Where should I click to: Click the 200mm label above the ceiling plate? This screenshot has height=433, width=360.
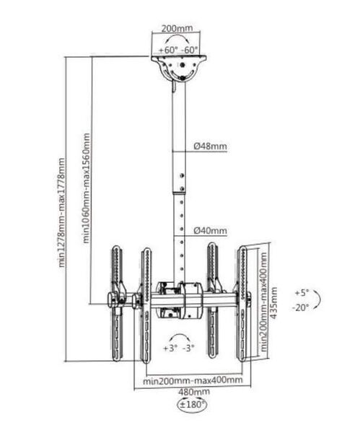coord(177,28)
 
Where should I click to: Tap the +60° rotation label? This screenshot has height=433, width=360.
coord(168,50)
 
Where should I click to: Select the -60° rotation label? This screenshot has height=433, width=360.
coord(190,50)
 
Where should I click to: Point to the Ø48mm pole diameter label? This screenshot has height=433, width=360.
coord(210,146)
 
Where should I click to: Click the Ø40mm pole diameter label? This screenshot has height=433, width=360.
coord(210,230)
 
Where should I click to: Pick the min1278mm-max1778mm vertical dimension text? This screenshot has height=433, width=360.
coord(62,212)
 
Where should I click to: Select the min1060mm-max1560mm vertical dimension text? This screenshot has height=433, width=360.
coord(87,188)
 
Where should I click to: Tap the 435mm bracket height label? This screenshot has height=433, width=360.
coord(273,302)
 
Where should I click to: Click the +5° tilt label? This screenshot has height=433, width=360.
coord(302,293)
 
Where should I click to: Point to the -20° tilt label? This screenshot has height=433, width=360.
coord(300,307)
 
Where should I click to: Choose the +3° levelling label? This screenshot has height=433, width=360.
coord(170,348)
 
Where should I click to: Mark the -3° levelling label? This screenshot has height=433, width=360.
coord(188,348)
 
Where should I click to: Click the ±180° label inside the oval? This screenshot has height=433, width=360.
coord(193,405)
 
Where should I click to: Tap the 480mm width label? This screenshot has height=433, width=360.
coord(194,392)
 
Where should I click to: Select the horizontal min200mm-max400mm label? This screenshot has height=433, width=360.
coord(193,380)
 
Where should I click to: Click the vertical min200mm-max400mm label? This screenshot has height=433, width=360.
coord(264,302)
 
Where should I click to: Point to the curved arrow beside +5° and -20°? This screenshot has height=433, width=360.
coord(320,299)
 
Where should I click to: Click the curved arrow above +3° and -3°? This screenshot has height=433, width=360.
coord(179,334)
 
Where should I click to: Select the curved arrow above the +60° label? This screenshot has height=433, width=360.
coord(177,35)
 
